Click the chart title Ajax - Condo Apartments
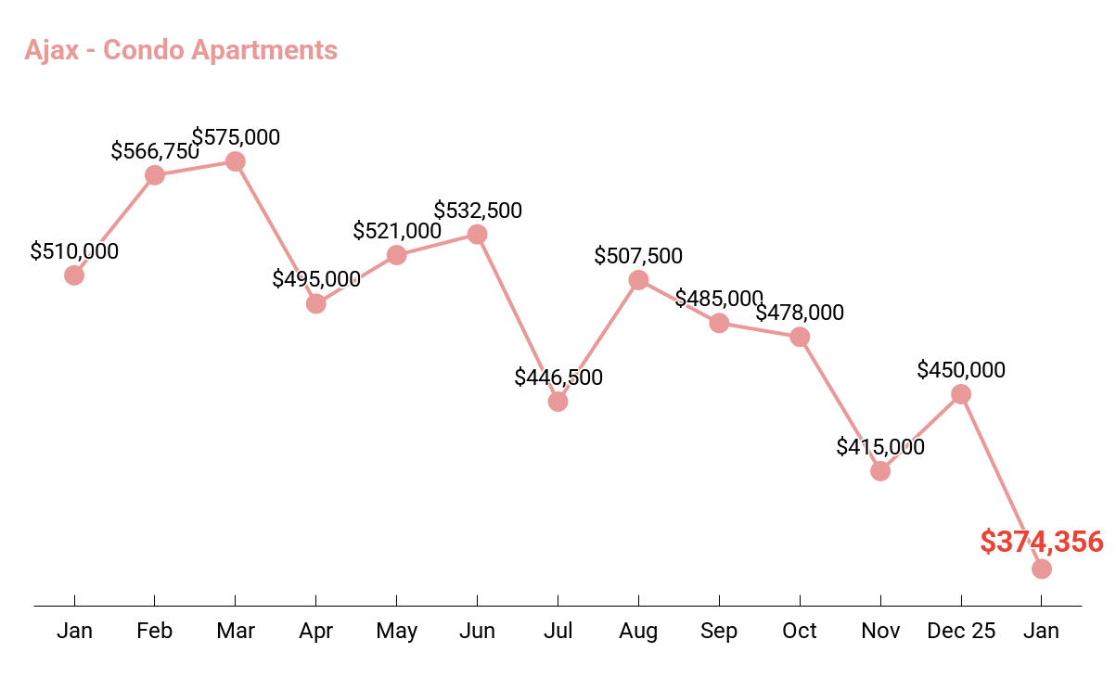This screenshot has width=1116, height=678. (181, 49)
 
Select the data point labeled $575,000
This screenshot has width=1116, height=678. (236, 161)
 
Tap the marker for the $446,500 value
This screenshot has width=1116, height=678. (558, 402)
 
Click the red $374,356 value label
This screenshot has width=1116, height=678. (1041, 542)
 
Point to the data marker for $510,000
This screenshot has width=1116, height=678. (74, 275)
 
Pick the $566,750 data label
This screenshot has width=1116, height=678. (155, 151)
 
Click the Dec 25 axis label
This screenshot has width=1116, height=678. (961, 632)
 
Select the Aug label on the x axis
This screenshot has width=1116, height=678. (638, 632)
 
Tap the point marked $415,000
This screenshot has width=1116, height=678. (880, 471)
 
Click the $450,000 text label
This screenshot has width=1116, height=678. (961, 370)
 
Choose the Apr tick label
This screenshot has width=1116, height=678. (316, 632)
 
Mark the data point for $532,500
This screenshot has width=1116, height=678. (477, 235)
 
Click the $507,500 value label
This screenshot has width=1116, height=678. (638, 256)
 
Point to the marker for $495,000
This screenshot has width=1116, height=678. (316, 303)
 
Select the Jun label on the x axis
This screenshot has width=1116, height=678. (477, 632)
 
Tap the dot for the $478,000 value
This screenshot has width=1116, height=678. (800, 337)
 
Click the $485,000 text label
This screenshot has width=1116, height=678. (719, 299)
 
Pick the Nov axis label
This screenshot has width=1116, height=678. (880, 632)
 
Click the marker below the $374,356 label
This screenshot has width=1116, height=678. (1042, 569)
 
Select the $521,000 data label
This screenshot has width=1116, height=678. (397, 231)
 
